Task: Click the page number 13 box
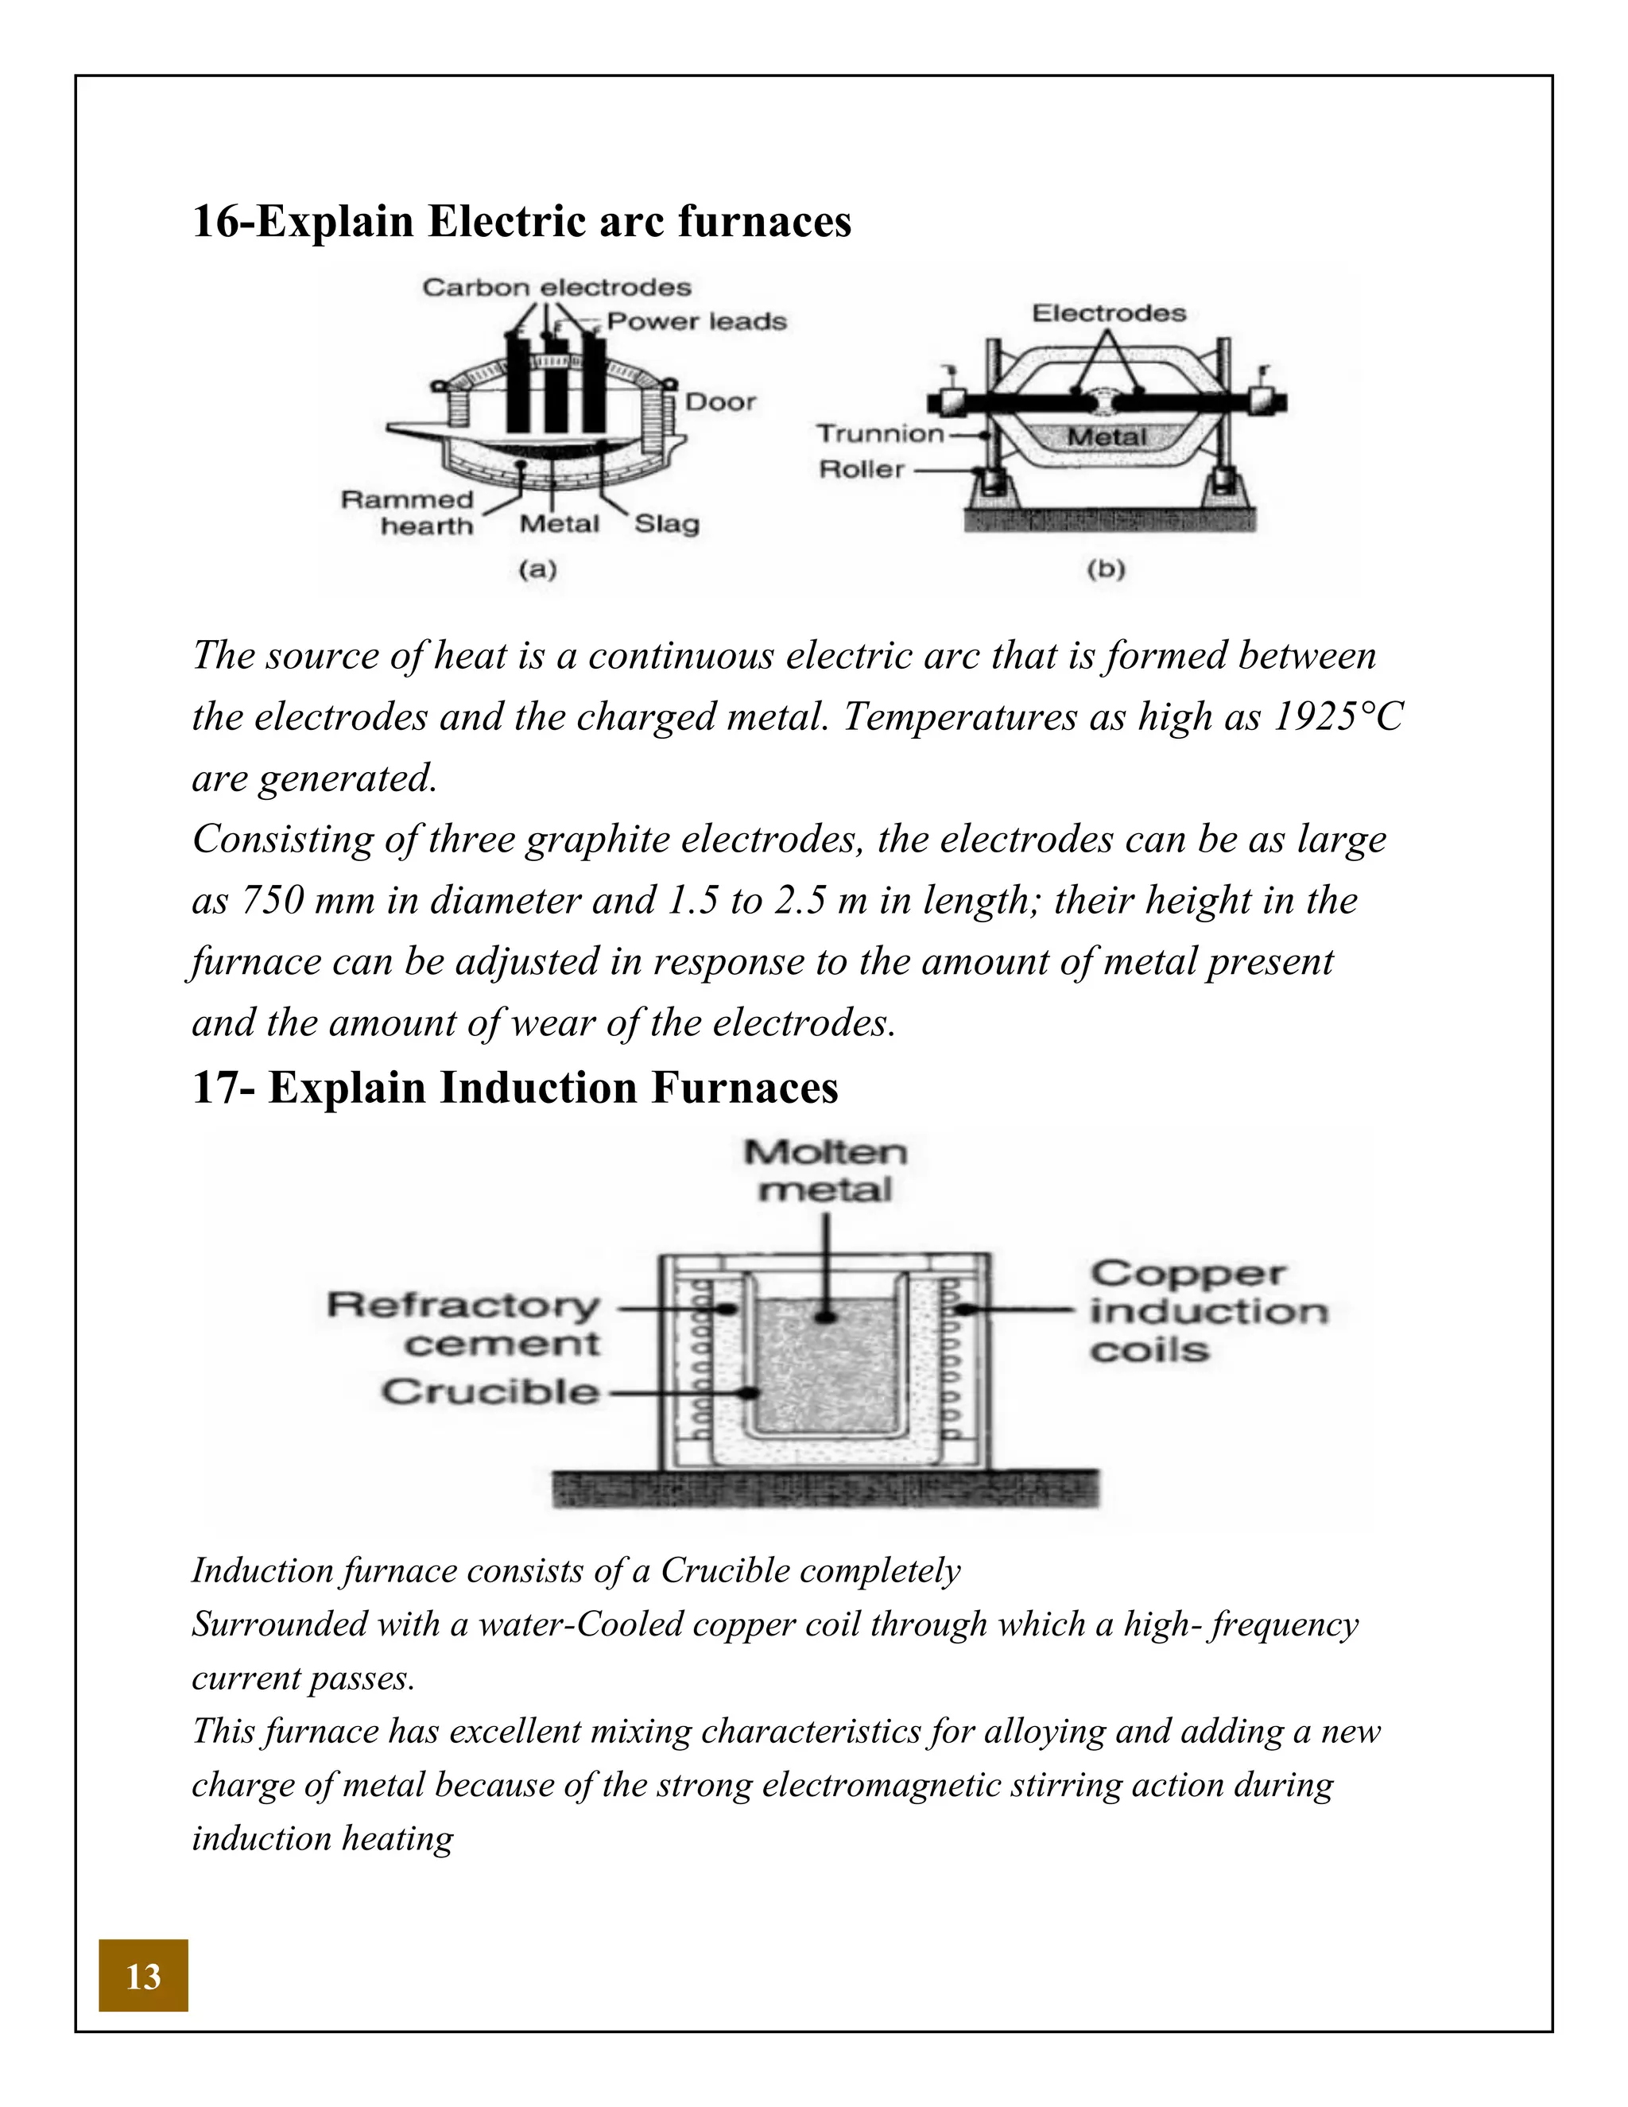143,1976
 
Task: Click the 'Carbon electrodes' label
556,288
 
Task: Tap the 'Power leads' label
696,321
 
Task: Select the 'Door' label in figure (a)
719,402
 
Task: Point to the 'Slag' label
666,524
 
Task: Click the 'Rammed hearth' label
409,512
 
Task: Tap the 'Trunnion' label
881,433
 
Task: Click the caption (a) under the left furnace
538,569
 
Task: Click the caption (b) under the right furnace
1107,569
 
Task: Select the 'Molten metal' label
826,1170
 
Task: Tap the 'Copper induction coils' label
1207,1311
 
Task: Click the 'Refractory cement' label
464,1324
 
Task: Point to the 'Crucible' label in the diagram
490,1392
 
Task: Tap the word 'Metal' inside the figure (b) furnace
1107,437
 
